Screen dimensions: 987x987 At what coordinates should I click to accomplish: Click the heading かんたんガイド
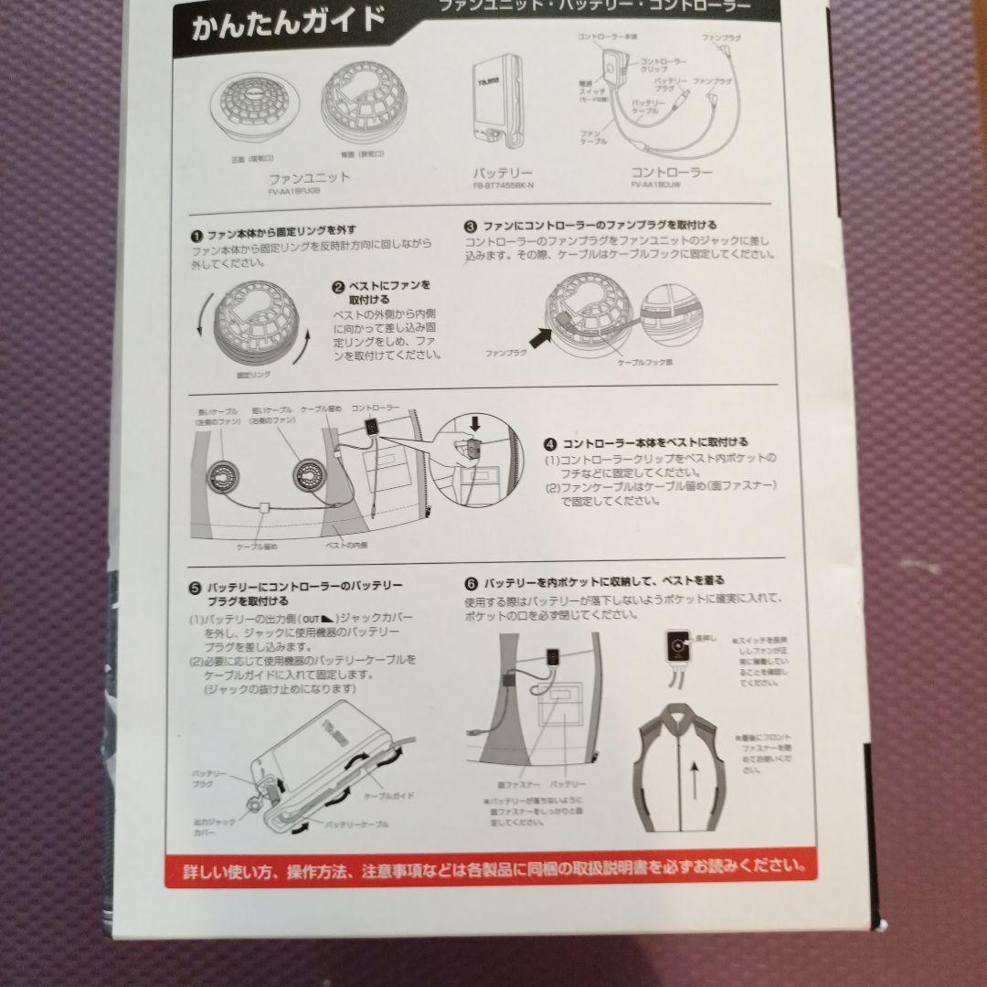coord(287,25)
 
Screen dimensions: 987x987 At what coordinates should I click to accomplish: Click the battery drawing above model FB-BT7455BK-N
coord(497,101)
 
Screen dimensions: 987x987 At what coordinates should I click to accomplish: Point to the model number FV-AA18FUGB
coord(296,192)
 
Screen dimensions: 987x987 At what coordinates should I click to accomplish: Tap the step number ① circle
coord(196,231)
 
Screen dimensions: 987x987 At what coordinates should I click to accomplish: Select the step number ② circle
coord(337,286)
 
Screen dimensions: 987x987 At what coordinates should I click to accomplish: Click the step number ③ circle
coord(471,225)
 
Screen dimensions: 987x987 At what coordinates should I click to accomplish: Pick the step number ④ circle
coord(549,443)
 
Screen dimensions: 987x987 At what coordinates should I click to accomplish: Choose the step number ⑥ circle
coord(471,581)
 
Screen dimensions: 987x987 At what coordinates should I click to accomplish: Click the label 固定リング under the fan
coord(253,375)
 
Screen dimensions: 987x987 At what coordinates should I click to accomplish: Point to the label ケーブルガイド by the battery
coord(388,795)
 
